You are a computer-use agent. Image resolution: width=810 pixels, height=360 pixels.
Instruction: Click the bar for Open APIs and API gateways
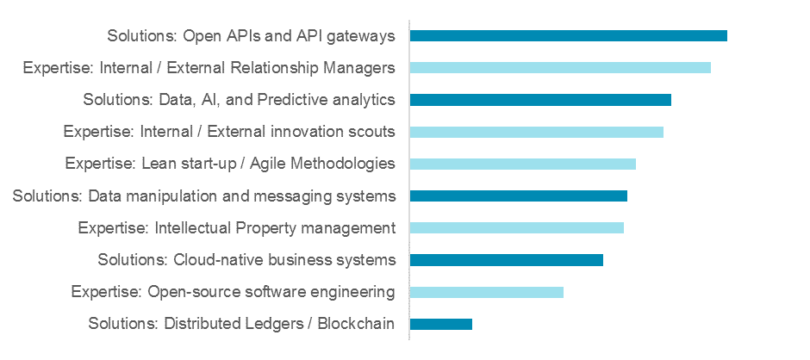(568, 35)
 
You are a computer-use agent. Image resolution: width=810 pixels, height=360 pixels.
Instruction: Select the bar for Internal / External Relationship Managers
(560, 67)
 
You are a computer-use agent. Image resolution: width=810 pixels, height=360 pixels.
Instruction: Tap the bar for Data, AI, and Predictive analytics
(540, 100)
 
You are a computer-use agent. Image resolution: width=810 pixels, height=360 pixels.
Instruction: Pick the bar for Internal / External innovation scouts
(536, 132)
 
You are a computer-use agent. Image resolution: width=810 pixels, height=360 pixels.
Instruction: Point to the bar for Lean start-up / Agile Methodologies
(522, 164)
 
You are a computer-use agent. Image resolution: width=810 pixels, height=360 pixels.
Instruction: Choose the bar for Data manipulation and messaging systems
(518, 196)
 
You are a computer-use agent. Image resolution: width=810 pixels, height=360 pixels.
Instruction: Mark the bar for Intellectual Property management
(516, 228)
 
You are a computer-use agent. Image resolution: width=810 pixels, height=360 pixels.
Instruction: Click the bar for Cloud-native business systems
(506, 260)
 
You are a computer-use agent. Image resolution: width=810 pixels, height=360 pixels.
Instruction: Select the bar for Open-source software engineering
(486, 292)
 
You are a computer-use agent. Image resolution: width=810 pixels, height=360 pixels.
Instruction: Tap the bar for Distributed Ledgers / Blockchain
(440, 324)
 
